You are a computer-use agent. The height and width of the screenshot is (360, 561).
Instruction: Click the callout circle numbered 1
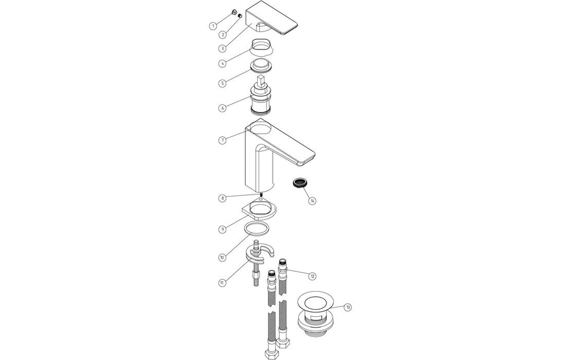pos(212,25)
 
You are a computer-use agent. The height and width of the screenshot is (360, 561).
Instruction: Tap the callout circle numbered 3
pos(222,48)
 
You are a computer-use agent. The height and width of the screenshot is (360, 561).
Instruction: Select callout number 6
pos(222,108)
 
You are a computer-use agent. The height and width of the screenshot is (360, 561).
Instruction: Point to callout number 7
pos(222,140)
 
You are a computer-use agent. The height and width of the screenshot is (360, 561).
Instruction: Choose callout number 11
pos(222,283)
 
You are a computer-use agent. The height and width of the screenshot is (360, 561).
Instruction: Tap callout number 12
pos(312,276)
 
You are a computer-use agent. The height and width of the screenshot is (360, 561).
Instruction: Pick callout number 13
pos(348,308)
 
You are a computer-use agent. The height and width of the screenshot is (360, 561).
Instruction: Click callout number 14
pos(312,201)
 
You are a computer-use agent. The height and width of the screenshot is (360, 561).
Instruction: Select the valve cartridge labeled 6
pos(263,98)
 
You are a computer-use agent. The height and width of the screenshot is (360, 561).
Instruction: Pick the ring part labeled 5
pos(262,67)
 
